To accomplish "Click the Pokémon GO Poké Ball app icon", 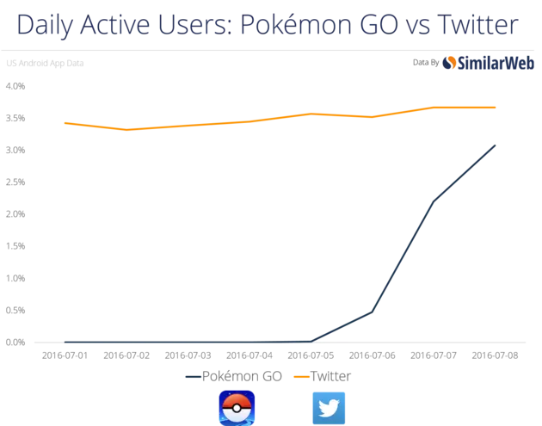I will pyautogui.click(x=237, y=407).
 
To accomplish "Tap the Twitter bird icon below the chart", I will pyautogui.click(x=329, y=407).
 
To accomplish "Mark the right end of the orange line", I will pyautogui.click(x=500, y=107).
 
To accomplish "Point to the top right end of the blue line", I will pyautogui.click(x=499, y=140).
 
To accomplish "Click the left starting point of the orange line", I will pyautogui.click(x=64, y=122).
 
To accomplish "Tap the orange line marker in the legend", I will pyautogui.click(x=301, y=376).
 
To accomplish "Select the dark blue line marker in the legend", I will pyautogui.click(x=191, y=376).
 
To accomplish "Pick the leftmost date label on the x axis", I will pyautogui.click(x=65, y=357).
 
